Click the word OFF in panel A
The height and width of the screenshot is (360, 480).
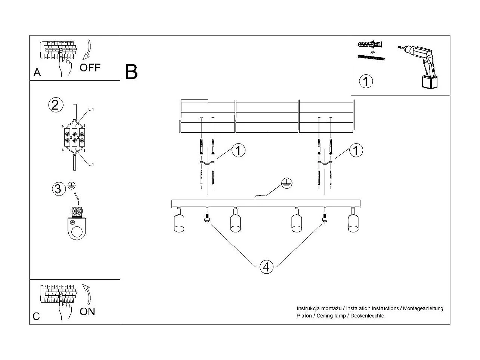(90, 68)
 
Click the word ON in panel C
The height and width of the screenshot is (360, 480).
(87, 311)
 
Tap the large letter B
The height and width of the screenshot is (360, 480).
(131, 72)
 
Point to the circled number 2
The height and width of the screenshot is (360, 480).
(55, 105)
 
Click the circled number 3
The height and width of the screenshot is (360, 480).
(58, 189)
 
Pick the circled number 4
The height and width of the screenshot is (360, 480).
(266, 267)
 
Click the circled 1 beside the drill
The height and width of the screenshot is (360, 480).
(366, 81)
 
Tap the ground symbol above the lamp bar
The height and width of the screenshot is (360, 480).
(287, 183)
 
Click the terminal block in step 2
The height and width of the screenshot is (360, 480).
(75, 137)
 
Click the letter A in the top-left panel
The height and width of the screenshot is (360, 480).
(37, 72)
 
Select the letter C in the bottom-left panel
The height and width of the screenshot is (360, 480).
(36, 316)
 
